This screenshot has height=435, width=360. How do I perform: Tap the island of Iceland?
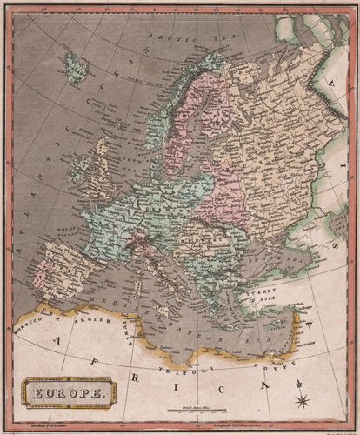tap(77, 67)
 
